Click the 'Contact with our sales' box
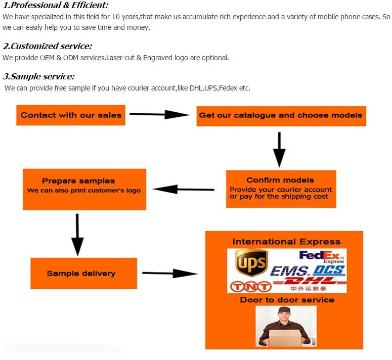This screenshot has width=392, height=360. tap(71, 115)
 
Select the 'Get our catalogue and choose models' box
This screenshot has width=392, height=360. tap(281, 116)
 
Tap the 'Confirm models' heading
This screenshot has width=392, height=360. tap(280, 180)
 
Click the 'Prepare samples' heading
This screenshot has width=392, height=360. tap(78, 181)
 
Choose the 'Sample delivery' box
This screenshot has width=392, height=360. tap(84, 274)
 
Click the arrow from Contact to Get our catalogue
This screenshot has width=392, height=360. tap(159, 114)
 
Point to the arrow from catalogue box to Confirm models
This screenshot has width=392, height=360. tap(279, 149)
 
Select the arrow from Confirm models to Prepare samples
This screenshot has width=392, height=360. tap(183, 189)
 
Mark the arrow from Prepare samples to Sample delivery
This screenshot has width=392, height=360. tap(77, 235)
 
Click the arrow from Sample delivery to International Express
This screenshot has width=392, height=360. tap(170, 274)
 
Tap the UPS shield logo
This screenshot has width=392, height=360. tap(251, 262)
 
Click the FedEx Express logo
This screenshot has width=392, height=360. tap(322, 257)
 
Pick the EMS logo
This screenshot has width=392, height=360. tap(290, 271)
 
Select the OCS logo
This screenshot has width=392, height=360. tap(329, 271)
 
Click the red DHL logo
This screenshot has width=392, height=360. tap(310, 282)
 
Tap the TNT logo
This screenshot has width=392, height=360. tap(251, 287)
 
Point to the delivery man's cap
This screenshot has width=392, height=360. tap(284, 310)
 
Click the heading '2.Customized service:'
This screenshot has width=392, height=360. tap(48, 46)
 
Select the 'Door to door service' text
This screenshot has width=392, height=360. tap(287, 300)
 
